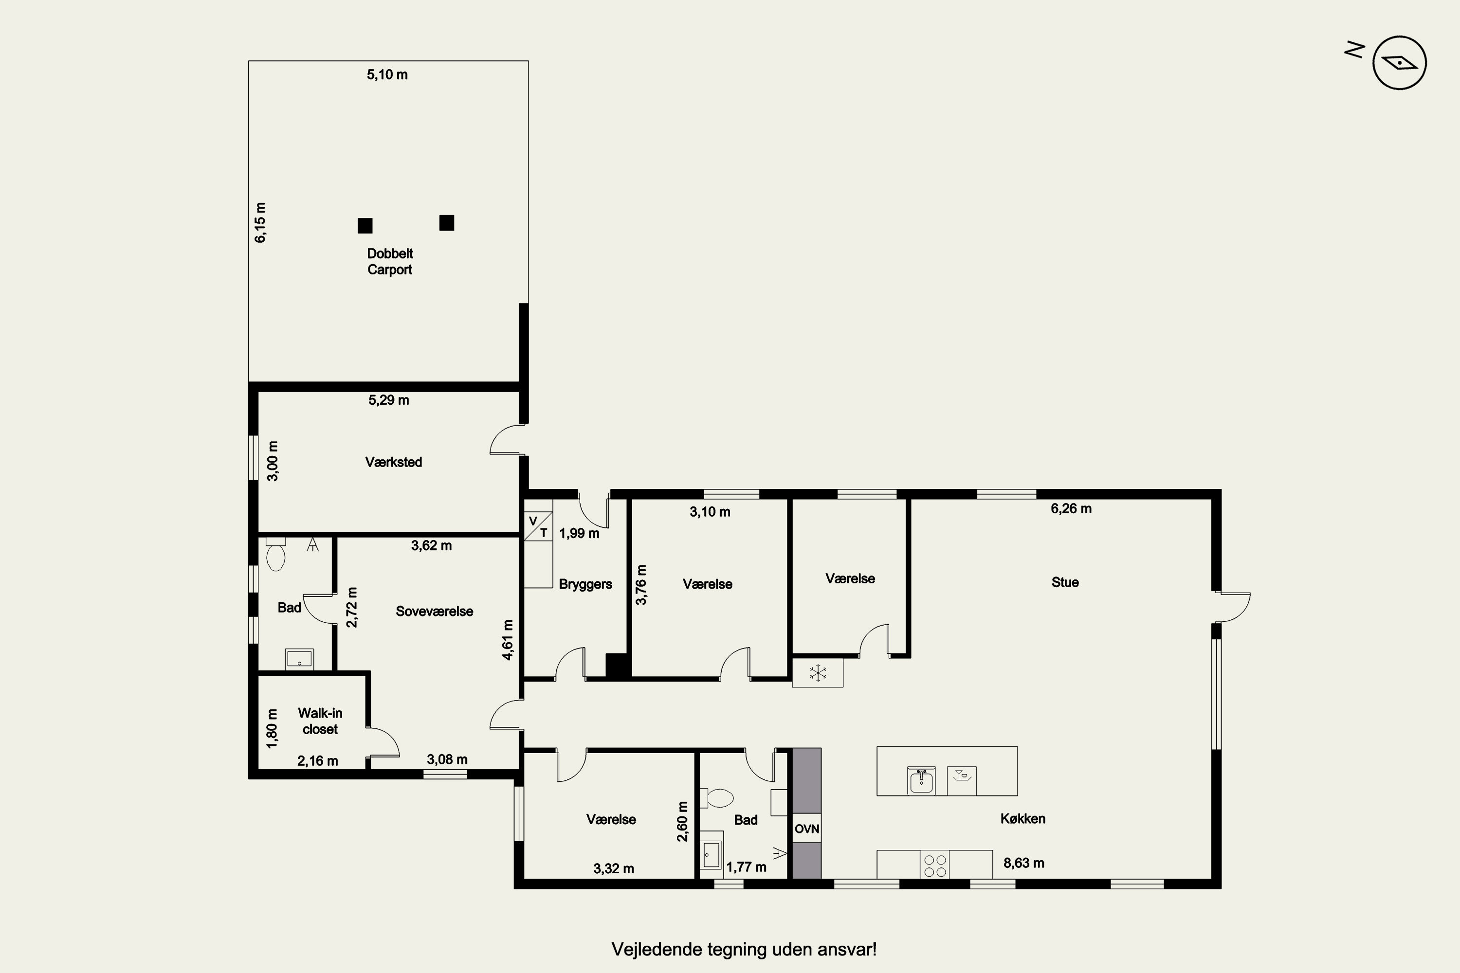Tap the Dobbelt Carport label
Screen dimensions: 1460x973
[390, 261]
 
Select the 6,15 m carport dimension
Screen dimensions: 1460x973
[260, 222]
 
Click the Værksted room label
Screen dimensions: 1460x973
[394, 462]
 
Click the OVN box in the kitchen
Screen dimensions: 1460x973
[807, 829]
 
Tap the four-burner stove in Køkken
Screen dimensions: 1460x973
[935, 865]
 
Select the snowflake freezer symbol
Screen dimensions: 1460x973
[818, 673]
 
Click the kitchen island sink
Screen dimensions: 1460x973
[921, 781]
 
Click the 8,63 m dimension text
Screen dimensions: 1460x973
[1023, 863]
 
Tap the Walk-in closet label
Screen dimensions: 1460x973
[320, 721]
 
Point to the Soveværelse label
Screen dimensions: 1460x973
[435, 611]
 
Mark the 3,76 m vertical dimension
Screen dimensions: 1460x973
[641, 585]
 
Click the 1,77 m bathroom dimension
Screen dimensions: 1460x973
[746, 867]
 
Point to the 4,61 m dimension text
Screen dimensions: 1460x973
[507, 640]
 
